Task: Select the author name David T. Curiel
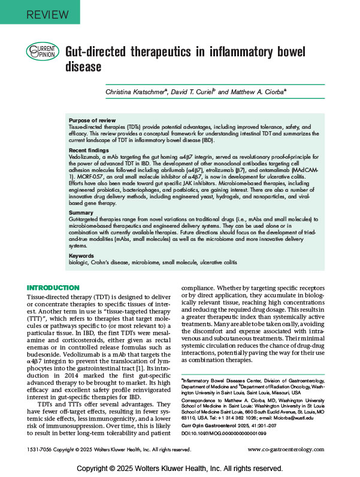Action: (203, 92)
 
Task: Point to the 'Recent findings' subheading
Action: (89, 150)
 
